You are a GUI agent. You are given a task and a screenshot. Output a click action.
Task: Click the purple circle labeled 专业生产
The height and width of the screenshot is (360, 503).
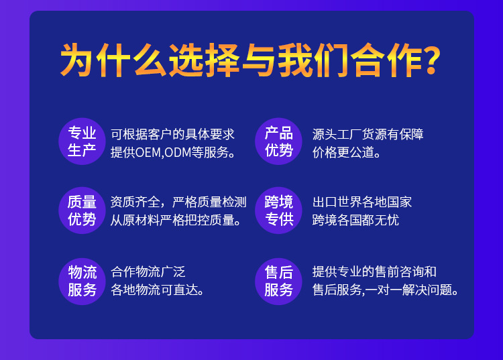82,141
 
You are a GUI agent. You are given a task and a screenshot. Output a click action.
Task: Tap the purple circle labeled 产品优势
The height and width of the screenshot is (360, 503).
279,141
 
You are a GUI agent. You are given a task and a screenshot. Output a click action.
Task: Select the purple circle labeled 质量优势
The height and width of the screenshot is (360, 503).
82,211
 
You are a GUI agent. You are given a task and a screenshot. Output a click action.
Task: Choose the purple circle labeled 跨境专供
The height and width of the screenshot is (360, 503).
279,211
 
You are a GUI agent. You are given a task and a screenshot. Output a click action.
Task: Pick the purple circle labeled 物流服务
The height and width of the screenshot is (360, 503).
82,281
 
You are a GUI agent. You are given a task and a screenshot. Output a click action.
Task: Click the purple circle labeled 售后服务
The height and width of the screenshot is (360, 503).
279,281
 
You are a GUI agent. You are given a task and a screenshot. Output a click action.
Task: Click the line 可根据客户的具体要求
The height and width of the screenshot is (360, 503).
172,133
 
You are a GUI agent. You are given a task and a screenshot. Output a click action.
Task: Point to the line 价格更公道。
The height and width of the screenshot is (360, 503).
347,152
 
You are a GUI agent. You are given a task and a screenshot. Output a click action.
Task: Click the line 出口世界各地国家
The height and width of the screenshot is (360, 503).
362,202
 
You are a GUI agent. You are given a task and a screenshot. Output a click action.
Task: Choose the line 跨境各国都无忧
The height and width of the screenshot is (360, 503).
355,220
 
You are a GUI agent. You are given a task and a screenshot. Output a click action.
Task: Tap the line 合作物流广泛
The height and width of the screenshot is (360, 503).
148,272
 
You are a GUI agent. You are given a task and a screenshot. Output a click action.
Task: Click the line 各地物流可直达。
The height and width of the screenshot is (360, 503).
158,290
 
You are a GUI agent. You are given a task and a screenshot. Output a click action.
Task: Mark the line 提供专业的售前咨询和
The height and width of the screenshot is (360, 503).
374,272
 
